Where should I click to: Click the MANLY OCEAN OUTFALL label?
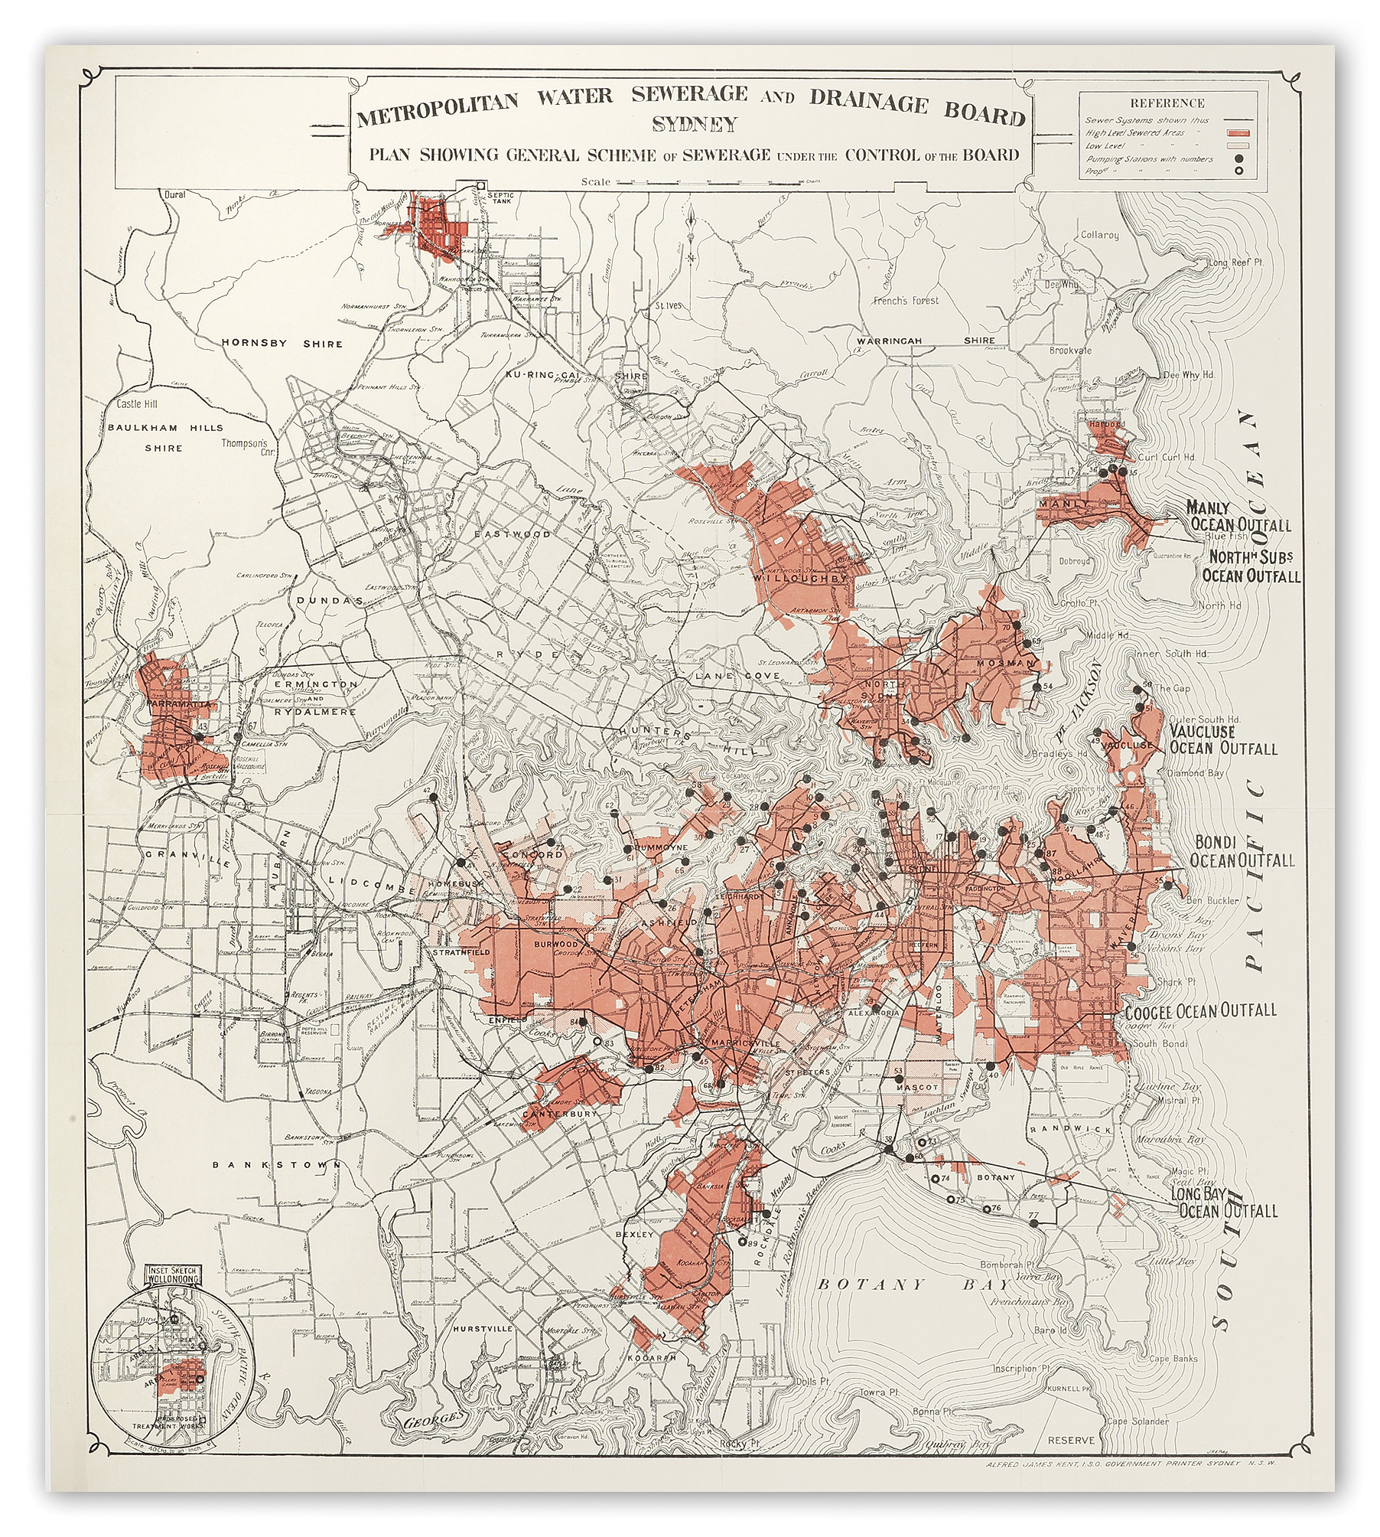(x=1238, y=517)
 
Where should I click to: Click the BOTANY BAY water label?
(x=903, y=1284)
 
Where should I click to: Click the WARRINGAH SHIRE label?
(x=926, y=341)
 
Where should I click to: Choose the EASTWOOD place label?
(x=522, y=534)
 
